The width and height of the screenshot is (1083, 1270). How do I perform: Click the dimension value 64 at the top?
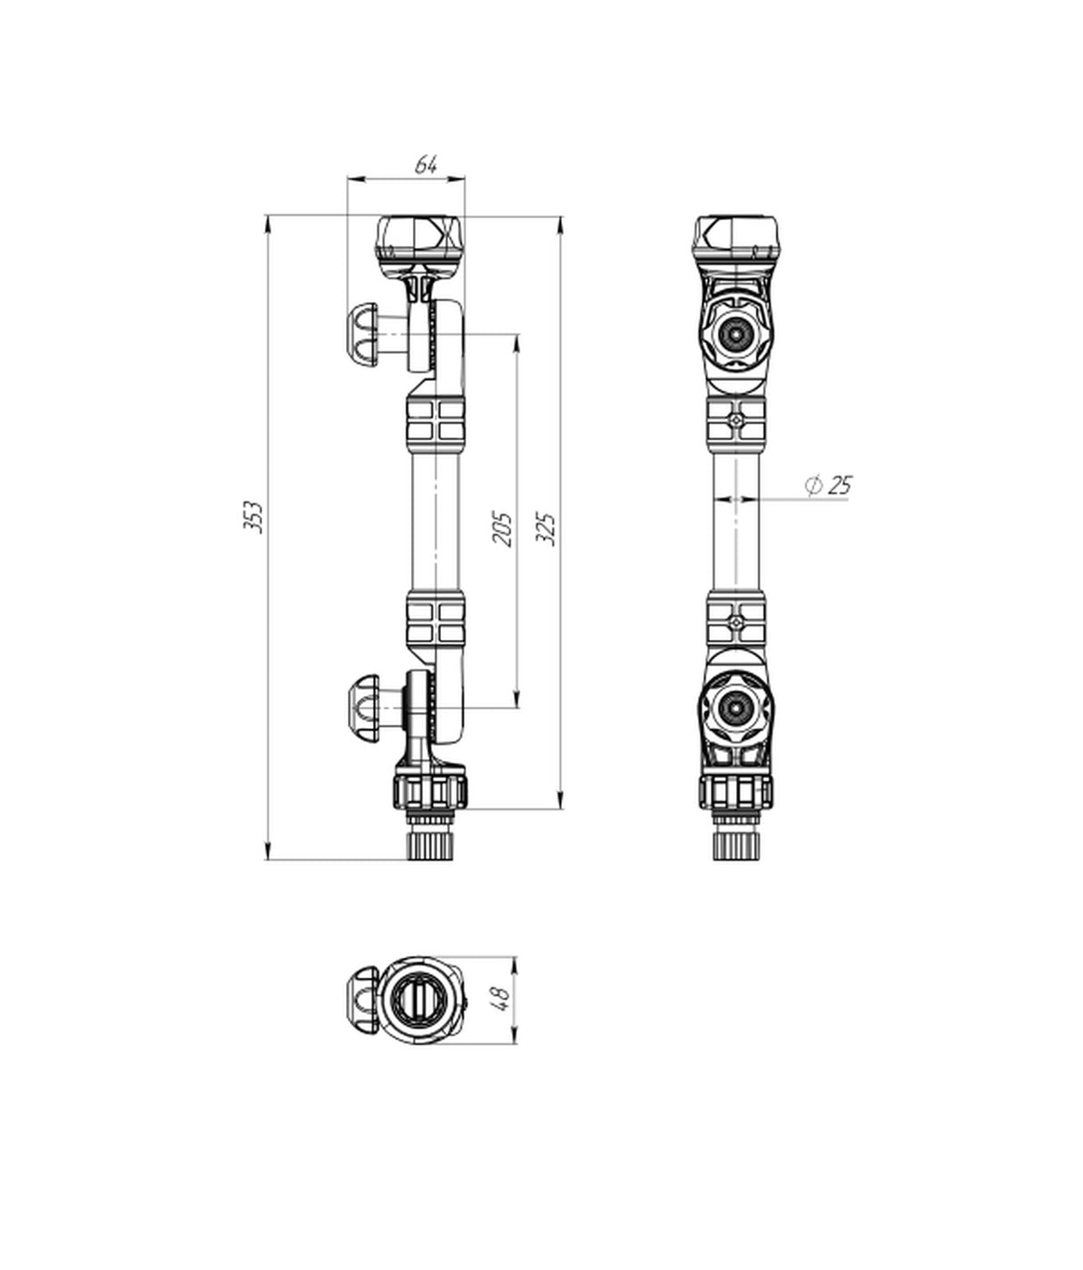point(426,165)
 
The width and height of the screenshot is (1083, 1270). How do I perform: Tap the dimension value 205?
point(502,528)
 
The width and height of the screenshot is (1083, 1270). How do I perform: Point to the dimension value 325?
point(546,528)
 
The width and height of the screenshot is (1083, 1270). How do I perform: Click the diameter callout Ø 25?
point(829,486)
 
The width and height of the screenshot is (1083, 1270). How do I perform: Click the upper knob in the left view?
point(363,336)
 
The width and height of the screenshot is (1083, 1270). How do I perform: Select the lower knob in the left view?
point(363,708)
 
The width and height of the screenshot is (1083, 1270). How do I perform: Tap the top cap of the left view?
point(419,244)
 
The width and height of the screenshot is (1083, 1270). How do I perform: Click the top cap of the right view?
point(737,244)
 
